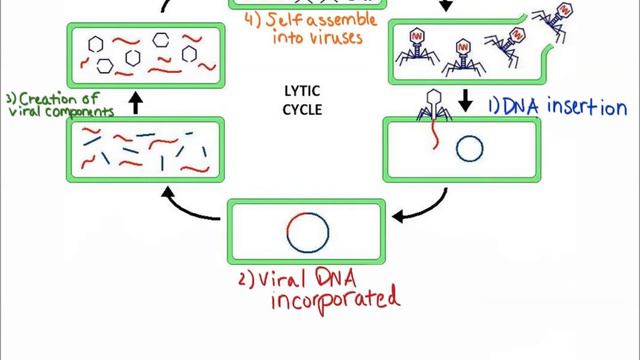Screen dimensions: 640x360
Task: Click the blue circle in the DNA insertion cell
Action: coord(470,149)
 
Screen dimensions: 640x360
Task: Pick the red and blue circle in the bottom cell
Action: coord(307,233)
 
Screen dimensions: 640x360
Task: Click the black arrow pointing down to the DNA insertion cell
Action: coord(465,102)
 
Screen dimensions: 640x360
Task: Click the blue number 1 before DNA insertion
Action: coord(492,107)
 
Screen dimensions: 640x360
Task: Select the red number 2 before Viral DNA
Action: coord(244,280)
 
